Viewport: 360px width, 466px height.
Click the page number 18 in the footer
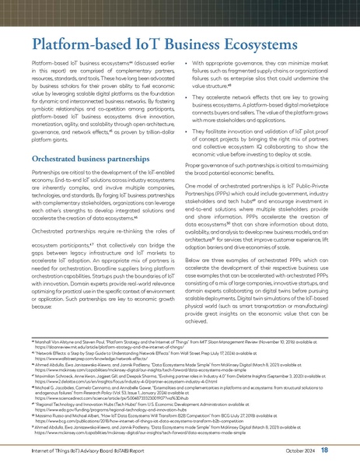tap(347, 450)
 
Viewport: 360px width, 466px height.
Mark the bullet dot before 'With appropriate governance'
tap(190, 61)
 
